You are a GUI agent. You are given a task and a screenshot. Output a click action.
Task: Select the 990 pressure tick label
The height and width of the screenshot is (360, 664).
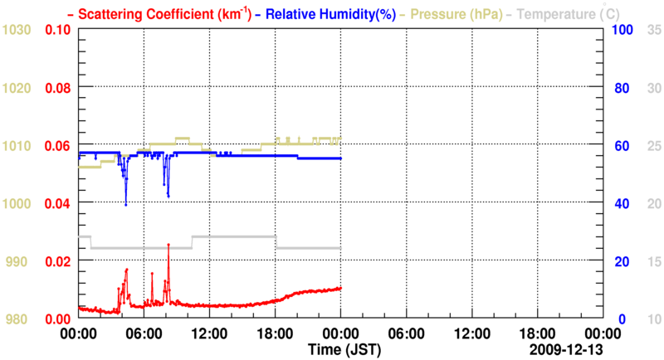point(18,261)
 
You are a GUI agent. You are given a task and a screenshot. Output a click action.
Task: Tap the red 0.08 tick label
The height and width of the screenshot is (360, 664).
point(58,87)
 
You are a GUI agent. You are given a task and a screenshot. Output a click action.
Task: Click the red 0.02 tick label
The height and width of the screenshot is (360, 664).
point(58,261)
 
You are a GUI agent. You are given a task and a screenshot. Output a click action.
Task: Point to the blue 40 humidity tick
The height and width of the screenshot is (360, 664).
point(619,203)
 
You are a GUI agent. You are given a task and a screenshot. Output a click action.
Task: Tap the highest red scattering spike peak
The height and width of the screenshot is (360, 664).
point(168,245)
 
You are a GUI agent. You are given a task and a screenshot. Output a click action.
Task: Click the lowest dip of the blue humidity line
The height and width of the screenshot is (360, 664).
point(126,205)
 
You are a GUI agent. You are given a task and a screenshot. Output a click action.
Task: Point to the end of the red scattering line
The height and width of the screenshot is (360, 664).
point(340,288)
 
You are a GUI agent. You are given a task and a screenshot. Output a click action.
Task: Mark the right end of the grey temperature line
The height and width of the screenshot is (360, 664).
point(340,248)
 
